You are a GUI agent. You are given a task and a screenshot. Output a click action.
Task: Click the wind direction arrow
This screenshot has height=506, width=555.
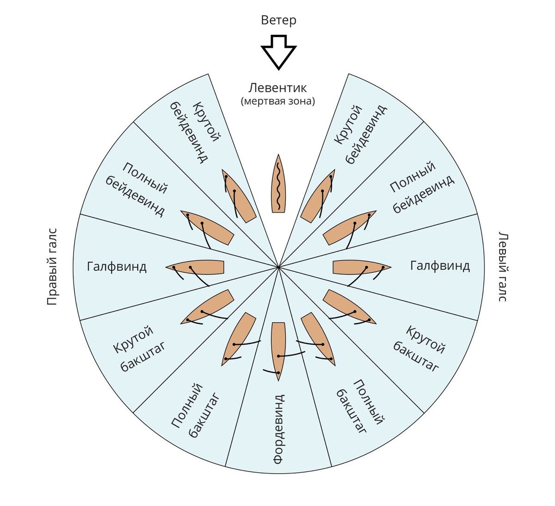278,51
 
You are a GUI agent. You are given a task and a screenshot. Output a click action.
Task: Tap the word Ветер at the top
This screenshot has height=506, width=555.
278,20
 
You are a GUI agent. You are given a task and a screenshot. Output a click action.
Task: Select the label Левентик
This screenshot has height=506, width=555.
278,87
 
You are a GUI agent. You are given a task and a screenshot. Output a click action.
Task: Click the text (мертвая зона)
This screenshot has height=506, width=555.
278,101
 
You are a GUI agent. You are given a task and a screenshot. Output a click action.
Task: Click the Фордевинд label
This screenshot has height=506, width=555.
278,429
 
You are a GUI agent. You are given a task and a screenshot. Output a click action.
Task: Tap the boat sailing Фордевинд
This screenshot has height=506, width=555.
278,350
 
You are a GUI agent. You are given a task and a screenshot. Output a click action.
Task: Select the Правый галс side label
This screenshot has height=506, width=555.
52,266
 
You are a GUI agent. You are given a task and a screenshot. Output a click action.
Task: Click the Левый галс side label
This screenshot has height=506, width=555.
503,266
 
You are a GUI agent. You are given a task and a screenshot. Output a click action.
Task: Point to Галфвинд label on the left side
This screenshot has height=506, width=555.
117,267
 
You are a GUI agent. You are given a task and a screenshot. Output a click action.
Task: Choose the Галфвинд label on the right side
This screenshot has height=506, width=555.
440,266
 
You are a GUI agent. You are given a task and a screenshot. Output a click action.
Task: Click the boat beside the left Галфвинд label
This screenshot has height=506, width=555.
197,268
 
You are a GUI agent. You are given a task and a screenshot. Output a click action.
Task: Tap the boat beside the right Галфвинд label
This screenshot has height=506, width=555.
361,268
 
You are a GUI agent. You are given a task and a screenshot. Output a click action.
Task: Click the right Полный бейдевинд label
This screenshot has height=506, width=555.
421,187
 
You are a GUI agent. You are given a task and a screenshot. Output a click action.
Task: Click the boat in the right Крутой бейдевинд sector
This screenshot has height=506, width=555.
318,197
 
